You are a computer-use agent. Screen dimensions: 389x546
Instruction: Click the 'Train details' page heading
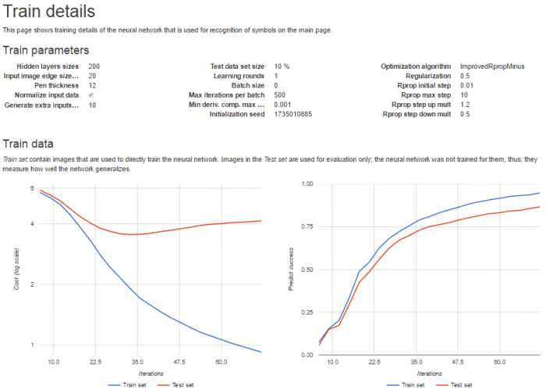[49, 12]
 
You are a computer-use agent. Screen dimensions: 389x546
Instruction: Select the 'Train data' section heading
[29, 144]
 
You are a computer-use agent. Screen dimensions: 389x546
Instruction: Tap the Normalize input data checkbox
[91, 95]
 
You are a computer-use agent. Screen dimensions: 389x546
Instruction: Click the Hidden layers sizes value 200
[94, 67]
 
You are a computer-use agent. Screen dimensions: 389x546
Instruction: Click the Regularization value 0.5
[466, 77]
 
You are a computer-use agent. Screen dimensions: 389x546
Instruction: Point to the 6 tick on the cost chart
[31, 188]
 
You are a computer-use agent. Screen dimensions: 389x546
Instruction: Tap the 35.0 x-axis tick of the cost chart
[137, 362]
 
